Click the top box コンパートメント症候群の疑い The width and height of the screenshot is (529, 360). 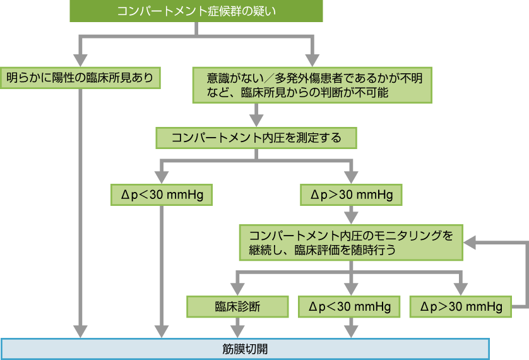pyautogui.click(x=197, y=11)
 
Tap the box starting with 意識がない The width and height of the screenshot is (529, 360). pyautogui.click(x=312, y=85)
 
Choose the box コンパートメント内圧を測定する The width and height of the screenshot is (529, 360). pyautogui.click(x=256, y=138)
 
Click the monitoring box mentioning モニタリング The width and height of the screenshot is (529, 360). pyautogui.click(x=350, y=242)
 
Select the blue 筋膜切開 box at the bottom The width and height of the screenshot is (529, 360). pyautogui.click(x=245, y=348)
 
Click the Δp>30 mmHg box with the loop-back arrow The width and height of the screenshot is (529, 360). pyautogui.click(x=460, y=307)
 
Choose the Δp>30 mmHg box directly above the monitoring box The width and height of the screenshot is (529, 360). pyautogui.click(x=350, y=195)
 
